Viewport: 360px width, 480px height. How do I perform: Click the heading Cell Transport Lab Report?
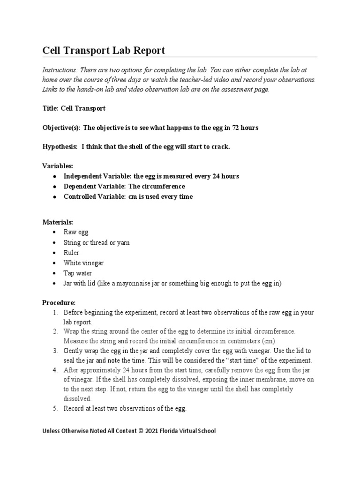click(104, 50)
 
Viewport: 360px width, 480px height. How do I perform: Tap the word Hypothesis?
click(60, 147)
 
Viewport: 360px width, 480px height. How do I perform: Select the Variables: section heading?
click(58, 166)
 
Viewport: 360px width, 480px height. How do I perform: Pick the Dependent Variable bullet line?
click(124, 187)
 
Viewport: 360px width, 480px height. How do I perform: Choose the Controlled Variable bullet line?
click(128, 197)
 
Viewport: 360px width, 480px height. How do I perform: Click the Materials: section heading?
click(58, 222)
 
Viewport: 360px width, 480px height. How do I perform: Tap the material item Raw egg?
click(75, 232)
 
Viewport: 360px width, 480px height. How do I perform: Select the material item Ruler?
click(71, 253)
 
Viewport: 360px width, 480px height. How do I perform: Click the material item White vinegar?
click(83, 263)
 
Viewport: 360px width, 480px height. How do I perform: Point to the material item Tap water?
click(77, 273)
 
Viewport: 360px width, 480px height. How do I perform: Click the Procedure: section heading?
click(59, 302)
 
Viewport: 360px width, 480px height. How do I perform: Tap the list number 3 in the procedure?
click(54, 351)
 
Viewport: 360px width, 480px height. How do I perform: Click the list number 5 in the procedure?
click(54, 409)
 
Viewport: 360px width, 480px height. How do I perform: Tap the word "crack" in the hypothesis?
click(220, 147)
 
